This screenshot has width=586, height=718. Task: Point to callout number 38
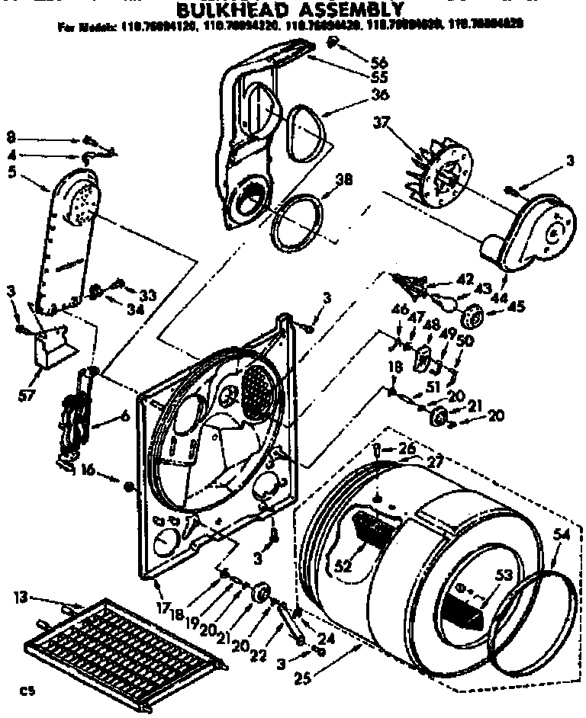pos(344,181)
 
